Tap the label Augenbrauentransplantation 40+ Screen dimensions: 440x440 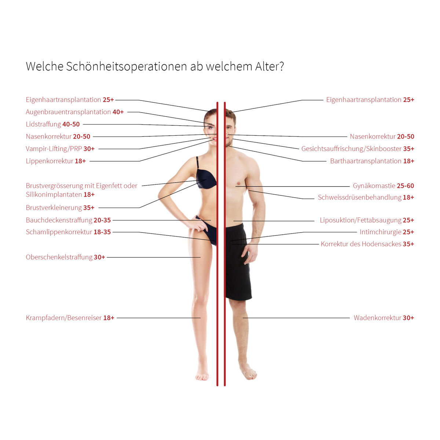coord(75,112)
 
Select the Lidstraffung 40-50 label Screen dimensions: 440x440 coord(53,124)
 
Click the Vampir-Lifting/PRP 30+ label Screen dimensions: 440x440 coord(60,149)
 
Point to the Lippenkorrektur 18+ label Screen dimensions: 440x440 coord(56,161)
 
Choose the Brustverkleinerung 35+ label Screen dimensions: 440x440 coord(60,208)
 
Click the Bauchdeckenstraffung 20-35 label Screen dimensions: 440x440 coord(68,220)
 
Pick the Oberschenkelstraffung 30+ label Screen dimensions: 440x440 coord(66,257)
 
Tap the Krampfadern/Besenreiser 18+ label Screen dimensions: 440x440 coord(70,318)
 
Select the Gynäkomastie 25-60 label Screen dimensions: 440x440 coord(384,186)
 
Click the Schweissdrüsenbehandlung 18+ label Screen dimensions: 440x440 coord(366,197)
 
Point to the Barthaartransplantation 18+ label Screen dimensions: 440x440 coord(372,161)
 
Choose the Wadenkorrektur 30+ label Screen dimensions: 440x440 coord(384,318)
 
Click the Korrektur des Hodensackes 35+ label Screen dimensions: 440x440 coord(367,244)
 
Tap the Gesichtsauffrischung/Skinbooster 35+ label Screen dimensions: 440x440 coord(358,149)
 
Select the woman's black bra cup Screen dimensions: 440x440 coord(206,179)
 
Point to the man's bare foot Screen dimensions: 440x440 coord(248,373)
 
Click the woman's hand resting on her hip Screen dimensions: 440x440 coord(199,225)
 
